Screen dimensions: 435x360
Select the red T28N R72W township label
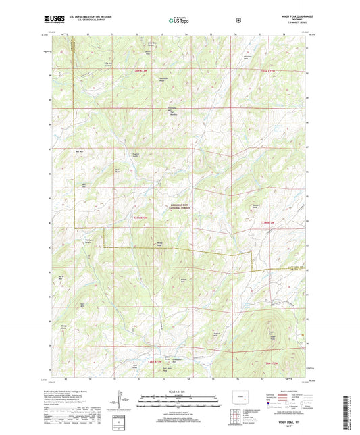click(269, 70)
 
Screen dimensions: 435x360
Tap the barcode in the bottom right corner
click(349, 413)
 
